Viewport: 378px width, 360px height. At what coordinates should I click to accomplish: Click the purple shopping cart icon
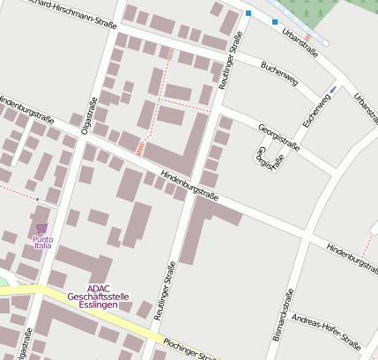tap(41, 228)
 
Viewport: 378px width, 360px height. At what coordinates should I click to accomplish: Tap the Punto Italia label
tap(42, 242)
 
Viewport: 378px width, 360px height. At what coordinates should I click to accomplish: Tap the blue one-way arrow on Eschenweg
tap(332, 89)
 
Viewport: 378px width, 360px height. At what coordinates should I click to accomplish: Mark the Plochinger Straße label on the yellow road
tap(189, 349)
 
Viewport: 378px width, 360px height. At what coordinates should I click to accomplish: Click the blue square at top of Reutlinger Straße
tap(248, 13)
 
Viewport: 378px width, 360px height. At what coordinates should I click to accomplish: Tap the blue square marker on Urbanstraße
tap(275, 22)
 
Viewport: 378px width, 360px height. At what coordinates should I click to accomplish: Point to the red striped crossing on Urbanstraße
tap(308, 38)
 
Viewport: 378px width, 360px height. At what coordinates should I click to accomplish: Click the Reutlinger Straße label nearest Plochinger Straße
tap(163, 290)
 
